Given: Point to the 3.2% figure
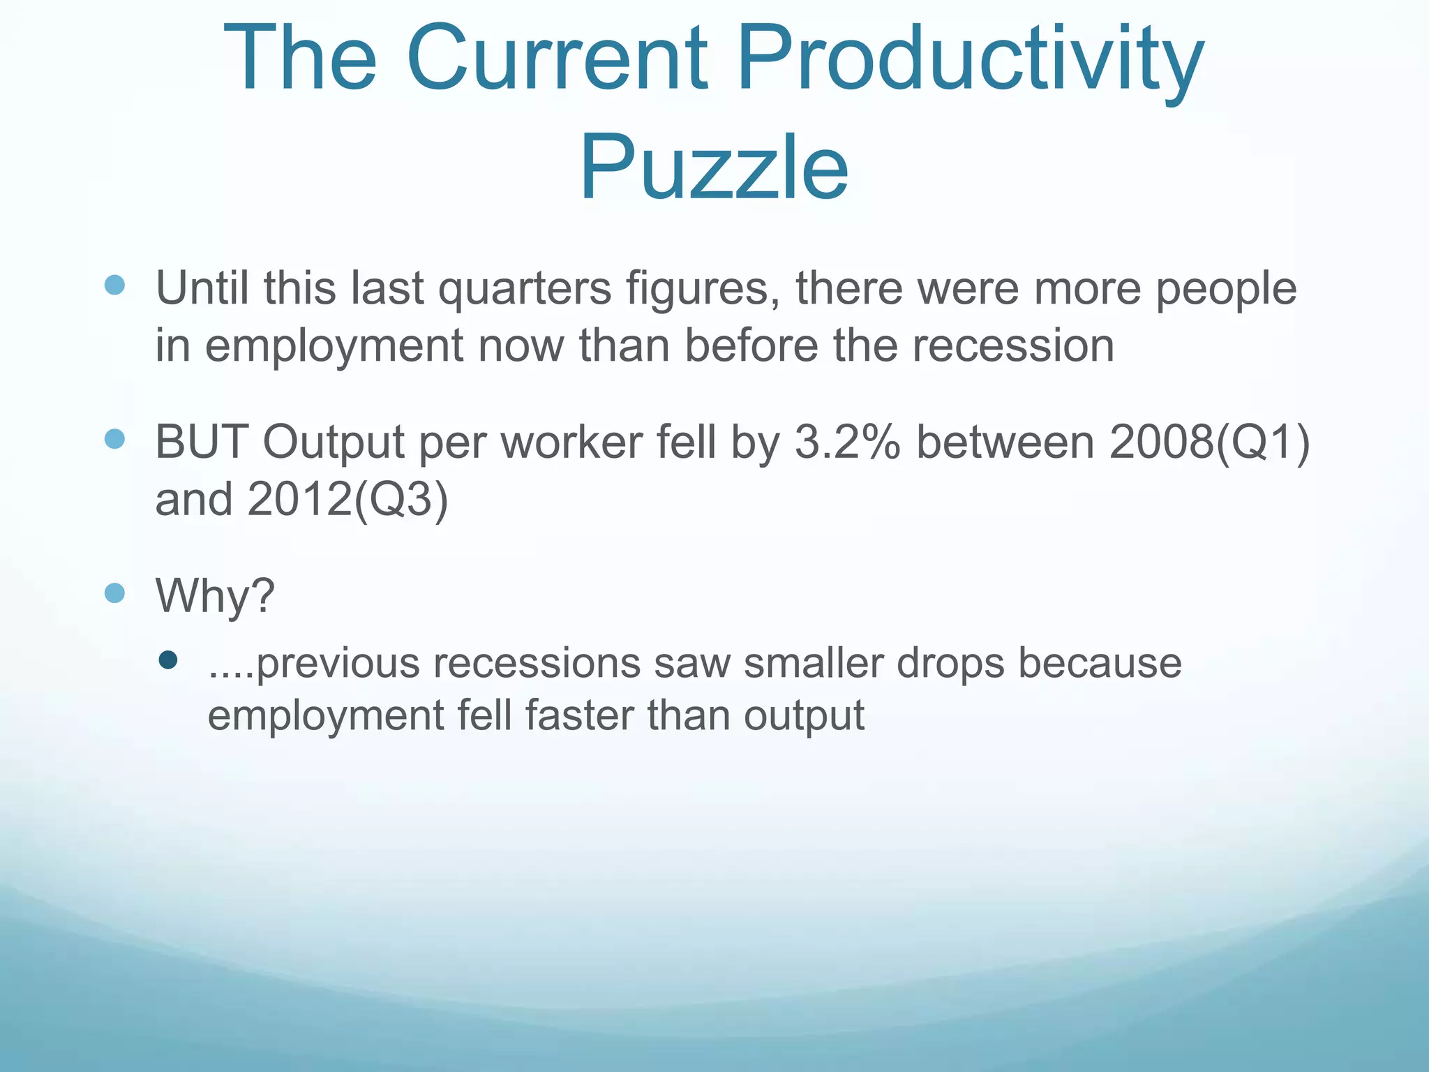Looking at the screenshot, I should (x=847, y=442).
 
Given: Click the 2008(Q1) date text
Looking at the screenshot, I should (x=1209, y=442).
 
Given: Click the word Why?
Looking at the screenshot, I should (x=215, y=596).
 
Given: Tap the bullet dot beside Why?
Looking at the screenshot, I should (x=114, y=593).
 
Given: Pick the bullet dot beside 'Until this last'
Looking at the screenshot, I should (x=114, y=285).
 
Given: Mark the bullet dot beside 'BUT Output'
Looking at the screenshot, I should (x=114, y=439).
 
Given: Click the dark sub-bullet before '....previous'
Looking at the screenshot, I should (x=168, y=660).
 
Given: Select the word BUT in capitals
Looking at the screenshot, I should (x=202, y=442).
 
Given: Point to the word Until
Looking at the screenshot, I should (x=202, y=288).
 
